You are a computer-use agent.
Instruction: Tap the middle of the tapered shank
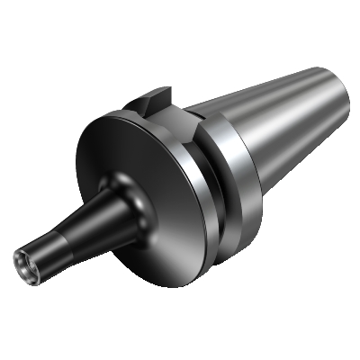(x=270, y=117)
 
